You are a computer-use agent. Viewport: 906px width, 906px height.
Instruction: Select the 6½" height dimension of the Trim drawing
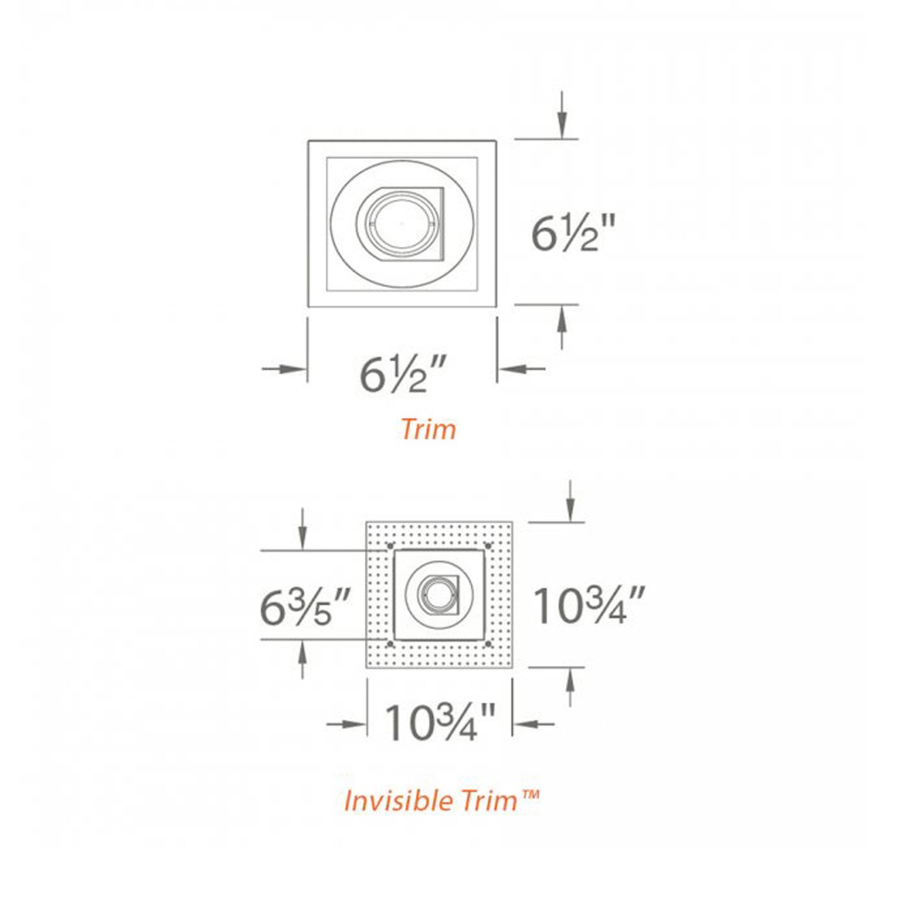(x=572, y=234)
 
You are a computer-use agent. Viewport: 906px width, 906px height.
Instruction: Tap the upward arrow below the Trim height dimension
(x=562, y=328)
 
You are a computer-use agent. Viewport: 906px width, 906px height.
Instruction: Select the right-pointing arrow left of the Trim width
(x=284, y=369)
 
